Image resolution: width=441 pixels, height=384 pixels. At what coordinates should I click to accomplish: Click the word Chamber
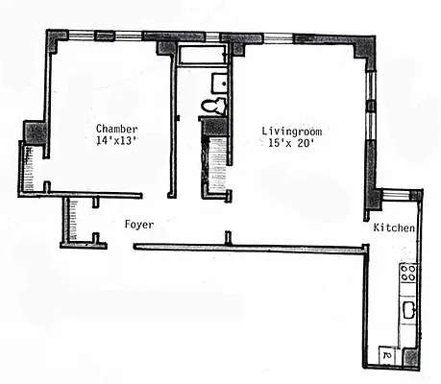tap(117, 129)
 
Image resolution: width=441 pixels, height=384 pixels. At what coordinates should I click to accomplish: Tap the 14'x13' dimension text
tap(117, 142)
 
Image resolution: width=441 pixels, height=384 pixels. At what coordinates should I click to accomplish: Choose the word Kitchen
tap(394, 228)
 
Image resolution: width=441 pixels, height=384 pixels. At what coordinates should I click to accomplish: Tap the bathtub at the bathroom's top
tap(199, 54)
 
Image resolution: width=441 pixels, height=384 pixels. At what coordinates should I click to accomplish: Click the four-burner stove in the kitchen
tap(407, 273)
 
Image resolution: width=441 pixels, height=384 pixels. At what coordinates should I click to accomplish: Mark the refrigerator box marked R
tap(386, 355)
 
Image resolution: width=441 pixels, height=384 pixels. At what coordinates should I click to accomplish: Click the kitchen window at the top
tap(396, 195)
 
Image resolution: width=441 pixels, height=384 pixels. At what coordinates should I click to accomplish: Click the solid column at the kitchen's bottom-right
tap(413, 357)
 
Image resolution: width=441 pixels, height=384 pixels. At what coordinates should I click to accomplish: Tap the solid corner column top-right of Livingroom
tap(364, 48)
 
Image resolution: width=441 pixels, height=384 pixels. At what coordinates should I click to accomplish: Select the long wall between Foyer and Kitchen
tap(250, 248)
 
